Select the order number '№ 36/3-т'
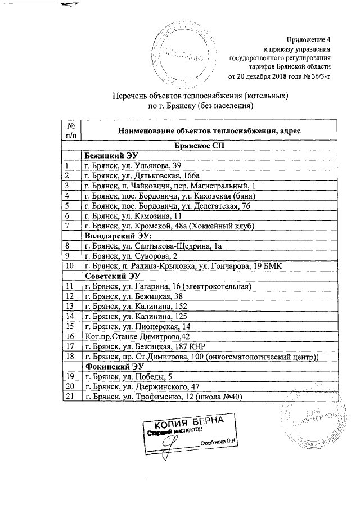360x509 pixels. (317, 76)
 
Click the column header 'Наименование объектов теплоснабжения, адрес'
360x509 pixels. (209, 130)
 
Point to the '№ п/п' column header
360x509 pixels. (71, 130)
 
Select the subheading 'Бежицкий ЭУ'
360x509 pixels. (111, 156)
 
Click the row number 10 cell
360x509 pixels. (71, 266)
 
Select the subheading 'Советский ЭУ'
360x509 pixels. (112, 276)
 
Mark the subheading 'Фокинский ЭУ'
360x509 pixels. (113, 367)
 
